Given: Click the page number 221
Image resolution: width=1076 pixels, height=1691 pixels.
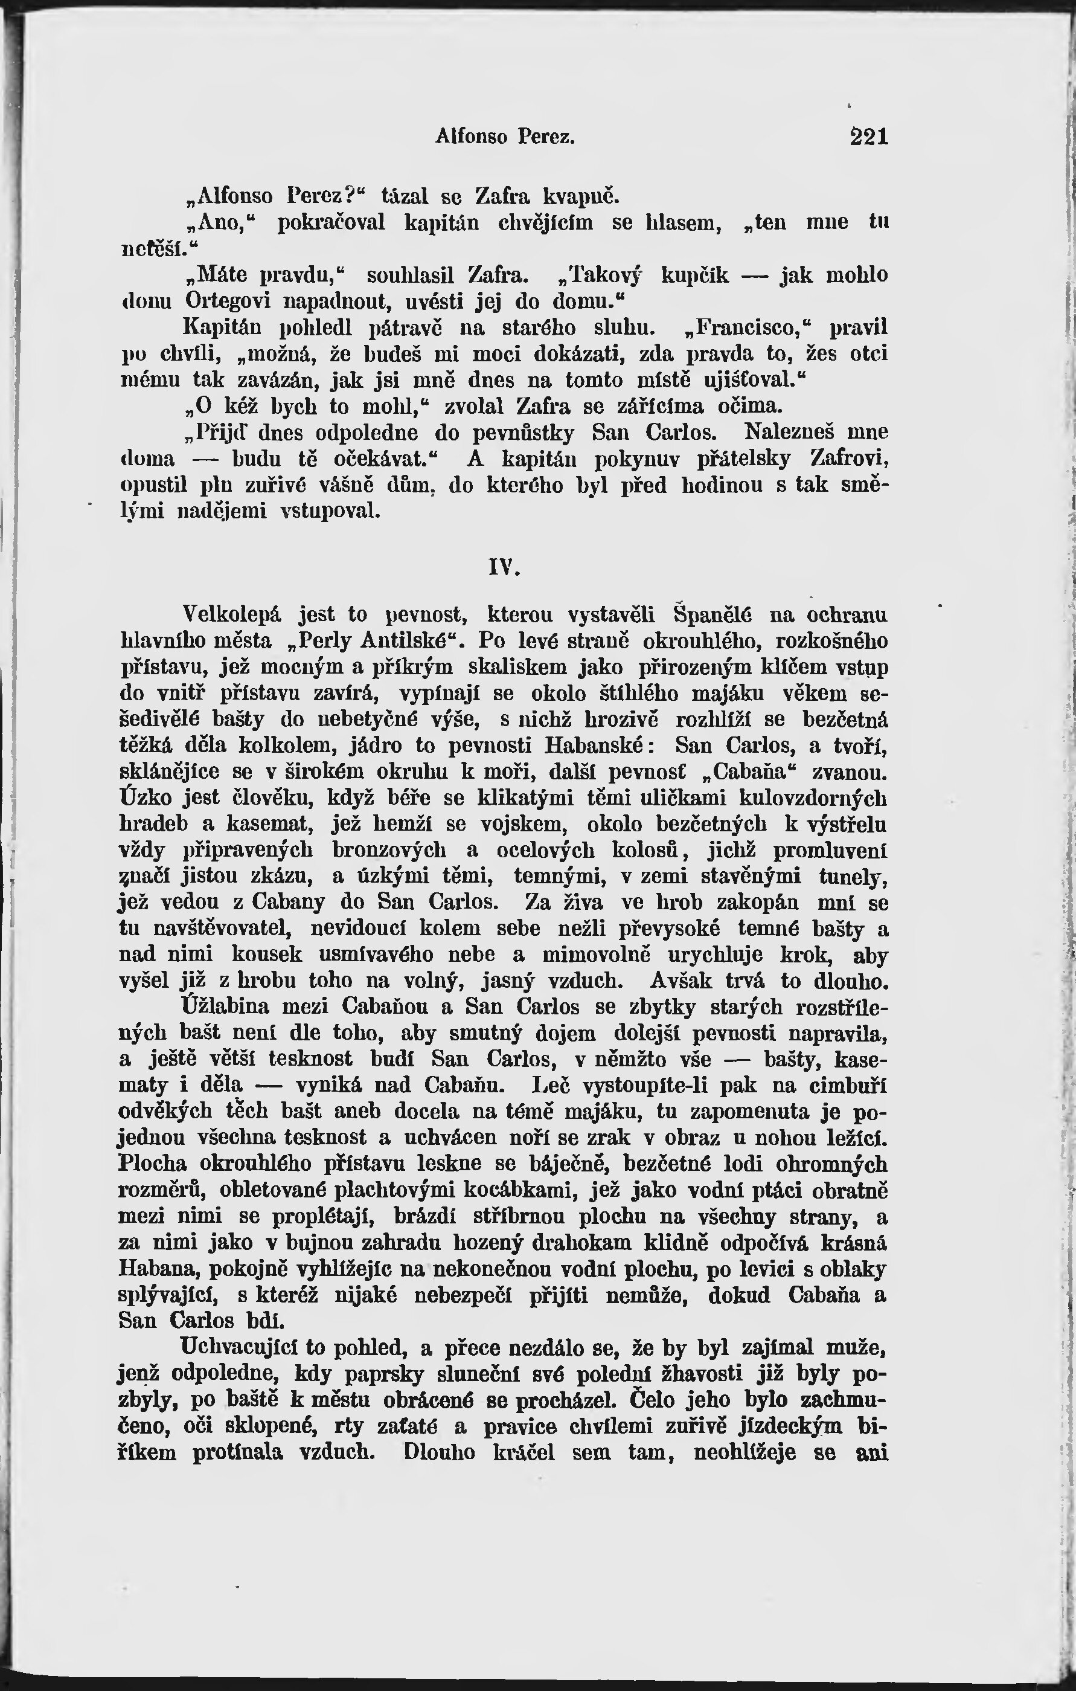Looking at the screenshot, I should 869,137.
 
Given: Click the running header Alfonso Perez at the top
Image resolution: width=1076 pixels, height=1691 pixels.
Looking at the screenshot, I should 505,137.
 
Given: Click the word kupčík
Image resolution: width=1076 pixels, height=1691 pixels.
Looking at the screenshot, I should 695,274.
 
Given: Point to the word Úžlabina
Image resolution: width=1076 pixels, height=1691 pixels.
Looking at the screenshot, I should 225,1007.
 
